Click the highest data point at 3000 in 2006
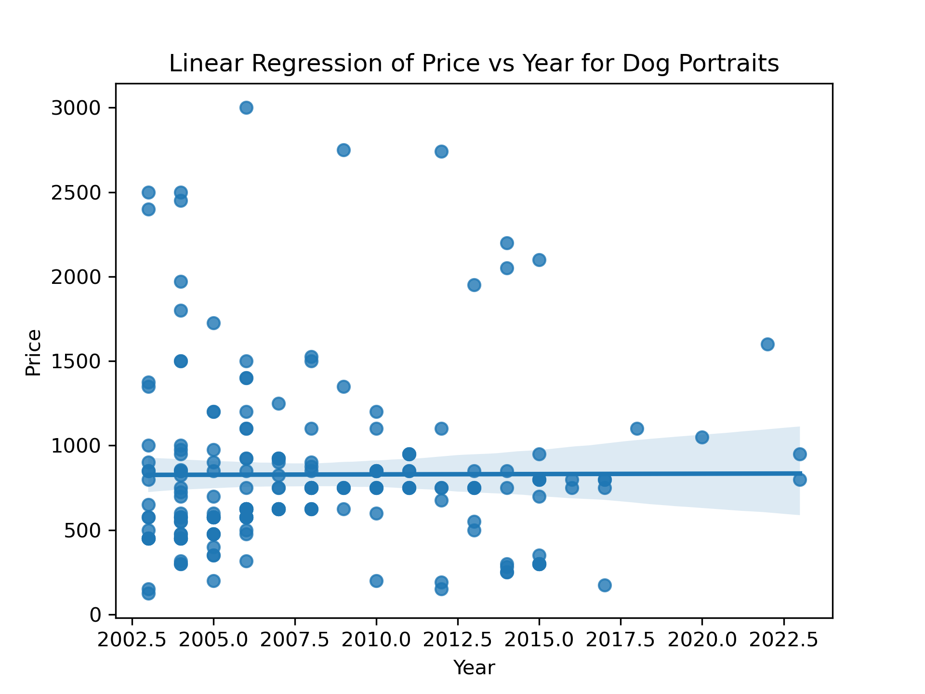click(x=246, y=107)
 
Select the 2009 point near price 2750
click(x=344, y=150)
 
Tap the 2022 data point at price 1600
click(x=767, y=344)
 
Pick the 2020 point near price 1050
click(x=702, y=437)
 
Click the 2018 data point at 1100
click(x=637, y=428)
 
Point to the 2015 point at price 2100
click(x=539, y=260)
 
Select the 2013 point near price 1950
click(x=474, y=285)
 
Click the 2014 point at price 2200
click(x=507, y=243)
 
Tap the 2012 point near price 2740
click(x=441, y=151)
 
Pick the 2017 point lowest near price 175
click(x=605, y=585)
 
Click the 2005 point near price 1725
click(x=213, y=323)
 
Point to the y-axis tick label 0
click(x=95, y=615)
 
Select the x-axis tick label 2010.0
click(x=376, y=641)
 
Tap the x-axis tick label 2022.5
click(x=784, y=641)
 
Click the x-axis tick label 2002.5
click(x=132, y=641)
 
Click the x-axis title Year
click(x=474, y=668)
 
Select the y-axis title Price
click(x=34, y=352)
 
